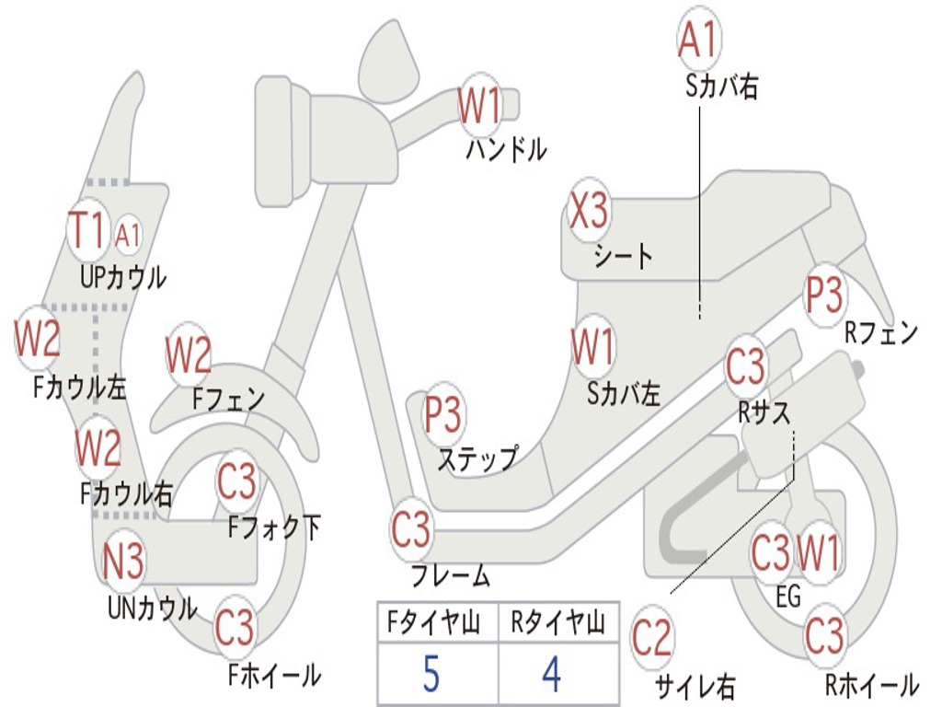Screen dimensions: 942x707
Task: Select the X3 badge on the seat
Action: tap(589, 211)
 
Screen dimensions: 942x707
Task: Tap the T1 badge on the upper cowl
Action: tap(88, 230)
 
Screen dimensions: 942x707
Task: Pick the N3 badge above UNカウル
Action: tap(123, 561)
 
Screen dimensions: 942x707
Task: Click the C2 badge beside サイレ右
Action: tap(652, 638)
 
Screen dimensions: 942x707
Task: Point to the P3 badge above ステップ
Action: tap(442, 413)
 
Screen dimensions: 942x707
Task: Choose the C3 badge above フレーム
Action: tap(411, 529)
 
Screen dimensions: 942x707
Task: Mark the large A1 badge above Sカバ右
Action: tap(699, 39)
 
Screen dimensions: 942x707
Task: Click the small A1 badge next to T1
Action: tap(127, 235)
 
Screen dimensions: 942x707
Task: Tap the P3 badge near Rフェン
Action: tap(824, 295)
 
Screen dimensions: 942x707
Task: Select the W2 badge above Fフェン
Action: tap(189, 354)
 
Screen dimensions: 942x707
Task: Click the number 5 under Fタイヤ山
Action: tap(431, 674)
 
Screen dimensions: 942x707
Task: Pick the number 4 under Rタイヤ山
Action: tap(552, 674)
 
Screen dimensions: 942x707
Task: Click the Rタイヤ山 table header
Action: tap(558, 622)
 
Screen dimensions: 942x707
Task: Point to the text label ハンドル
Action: tap(507, 150)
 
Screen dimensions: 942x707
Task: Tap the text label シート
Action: tap(624, 257)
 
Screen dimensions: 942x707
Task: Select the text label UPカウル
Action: tap(123, 278)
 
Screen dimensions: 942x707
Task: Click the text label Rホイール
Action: tap(872, 685)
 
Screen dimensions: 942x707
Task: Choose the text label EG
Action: tap(788, 597)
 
